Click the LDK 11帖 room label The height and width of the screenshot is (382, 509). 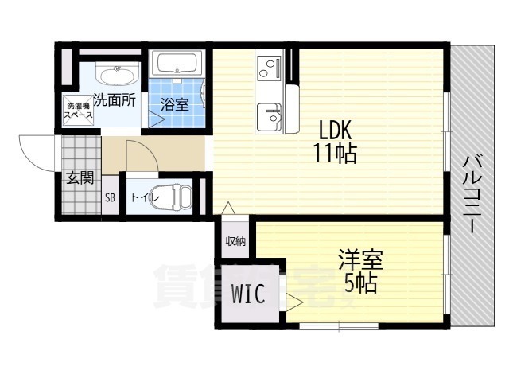[x=335, y=142]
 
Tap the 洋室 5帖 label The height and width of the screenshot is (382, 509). [x=360, y=271]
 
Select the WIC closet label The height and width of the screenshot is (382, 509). [x=249, y=294]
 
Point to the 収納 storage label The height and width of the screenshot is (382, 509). [x=235, y=241]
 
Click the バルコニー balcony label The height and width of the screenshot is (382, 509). [x=473, y=194]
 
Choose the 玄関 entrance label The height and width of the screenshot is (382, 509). [x=80, y=178]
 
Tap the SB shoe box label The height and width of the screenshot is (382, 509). [x=110, y=197]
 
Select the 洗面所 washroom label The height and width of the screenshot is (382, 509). [x=115, y=100]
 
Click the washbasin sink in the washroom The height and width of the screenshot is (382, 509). [x=117, y=74]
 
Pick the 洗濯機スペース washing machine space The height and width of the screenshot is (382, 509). [x=78, y=111]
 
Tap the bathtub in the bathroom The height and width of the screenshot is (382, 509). [x=177, y=64]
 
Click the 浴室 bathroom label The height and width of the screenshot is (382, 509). [x=175, y=104]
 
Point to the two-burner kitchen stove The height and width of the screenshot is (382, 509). [x=269, y=68]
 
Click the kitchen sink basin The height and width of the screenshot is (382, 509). [x=269, y=116]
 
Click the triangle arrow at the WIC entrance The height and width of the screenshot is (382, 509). [x=294, y=302]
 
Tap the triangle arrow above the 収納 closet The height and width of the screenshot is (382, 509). [x=228, y=208]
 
